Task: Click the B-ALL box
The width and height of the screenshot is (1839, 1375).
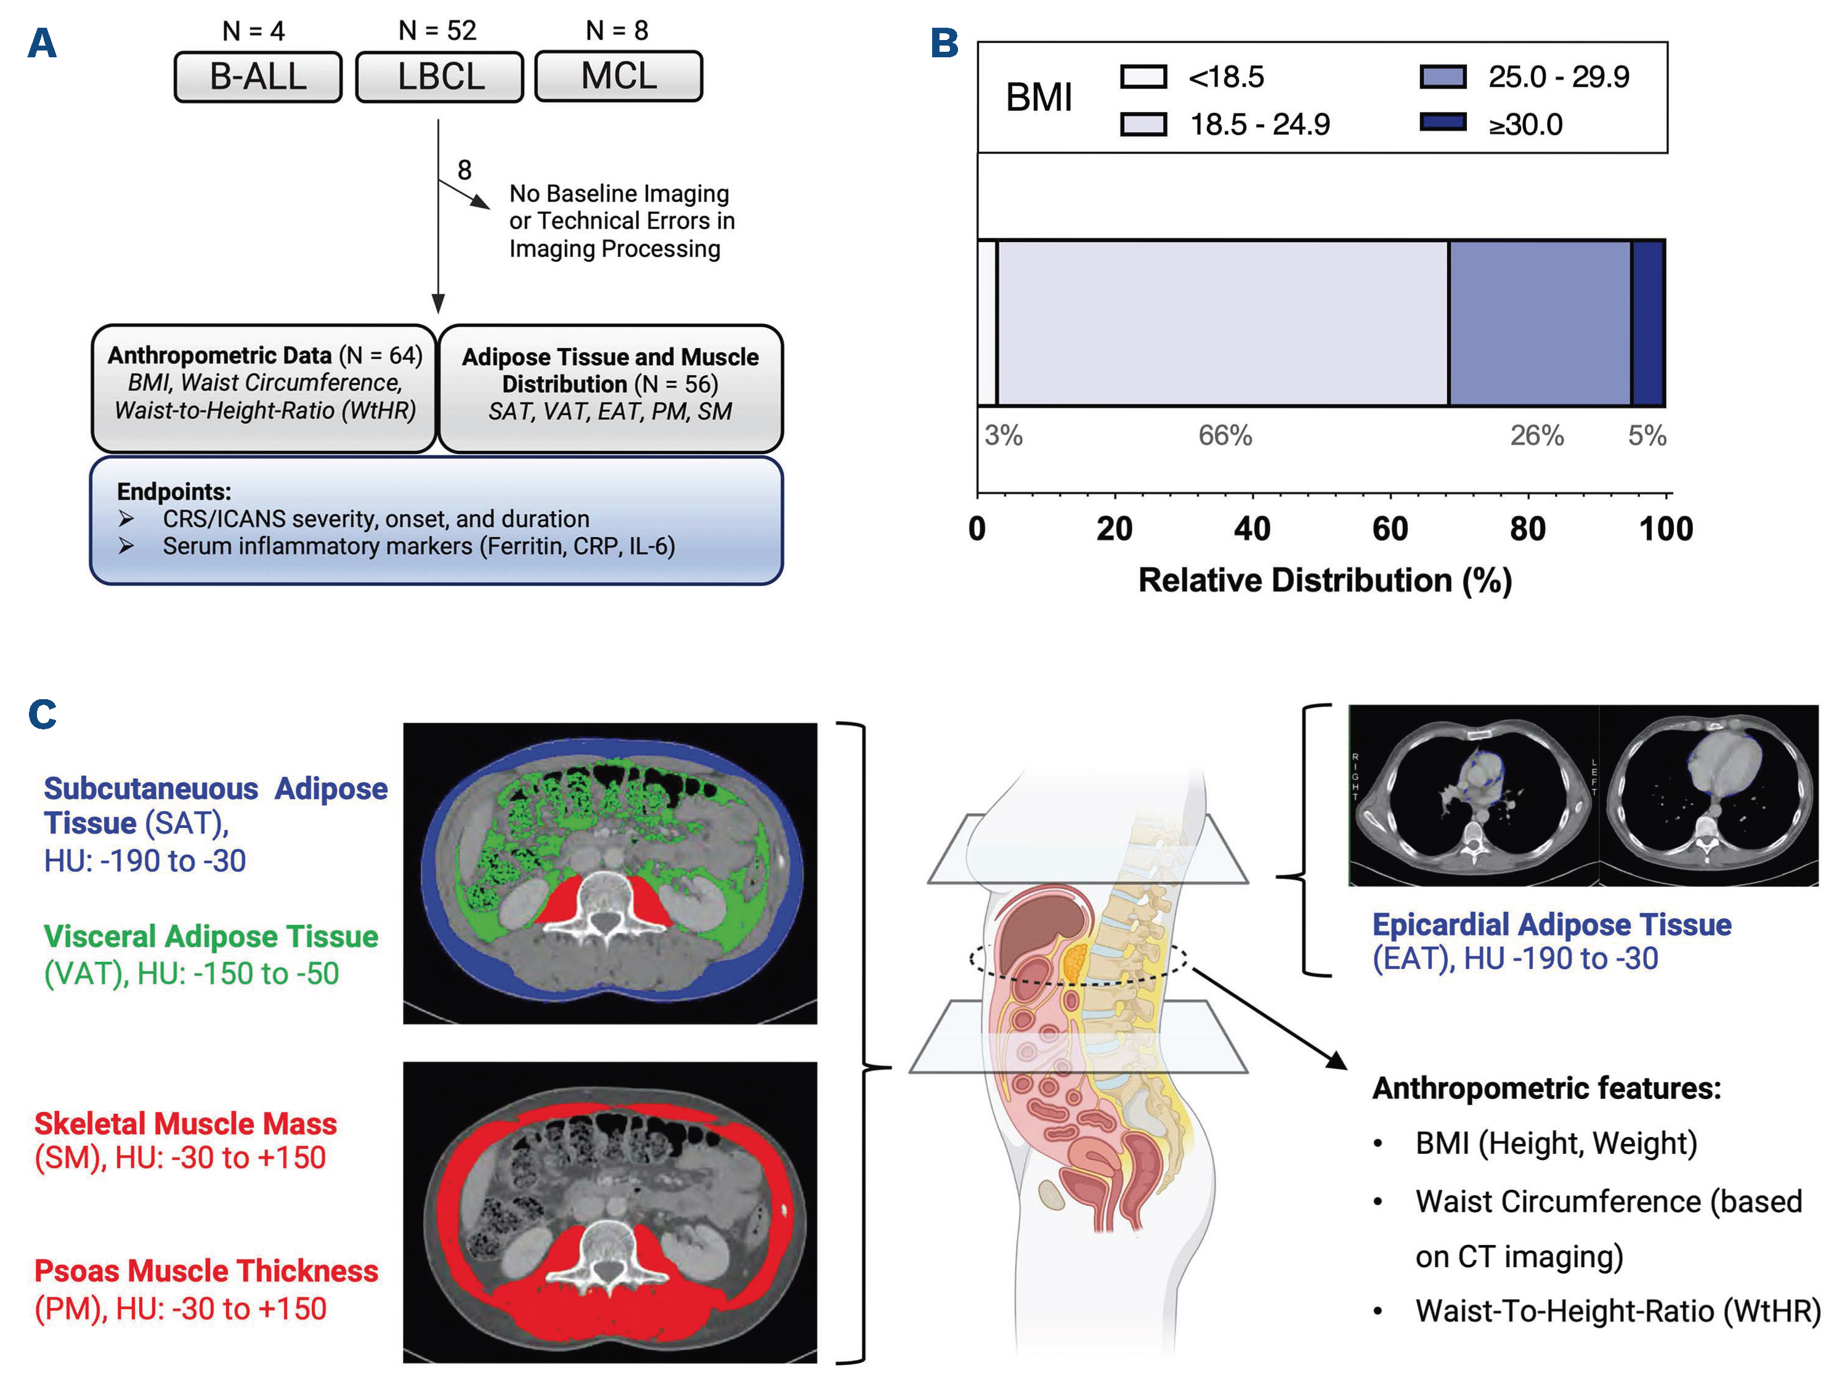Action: pos(258,76)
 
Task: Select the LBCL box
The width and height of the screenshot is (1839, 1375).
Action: pos(440,76)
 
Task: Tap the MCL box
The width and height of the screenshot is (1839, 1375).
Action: pos(619,76)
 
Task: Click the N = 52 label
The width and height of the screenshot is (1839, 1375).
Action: pos(437,31)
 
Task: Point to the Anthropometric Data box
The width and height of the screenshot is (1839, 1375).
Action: pos(264,388)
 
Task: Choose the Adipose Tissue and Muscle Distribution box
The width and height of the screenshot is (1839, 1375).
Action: pos(611,388)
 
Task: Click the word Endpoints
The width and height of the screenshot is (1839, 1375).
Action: pos(174,492)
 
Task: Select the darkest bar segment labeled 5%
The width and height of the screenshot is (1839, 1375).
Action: pos(1648,323)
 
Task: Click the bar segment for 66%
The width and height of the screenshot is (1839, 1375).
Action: pos(1222,323)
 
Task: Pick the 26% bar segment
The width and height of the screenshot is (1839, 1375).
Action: pos(1540,323)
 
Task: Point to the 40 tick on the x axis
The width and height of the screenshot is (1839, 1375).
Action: pos(1252,529)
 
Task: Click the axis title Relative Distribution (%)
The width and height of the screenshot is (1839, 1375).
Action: pos(1325,580)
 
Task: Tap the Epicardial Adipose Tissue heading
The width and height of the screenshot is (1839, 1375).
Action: pos(1551,925)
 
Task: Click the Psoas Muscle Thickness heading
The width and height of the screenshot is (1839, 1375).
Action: pos(206,1271)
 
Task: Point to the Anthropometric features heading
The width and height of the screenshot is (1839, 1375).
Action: pos(1546,1088)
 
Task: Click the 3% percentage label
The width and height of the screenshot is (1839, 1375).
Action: pos(1004,435)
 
